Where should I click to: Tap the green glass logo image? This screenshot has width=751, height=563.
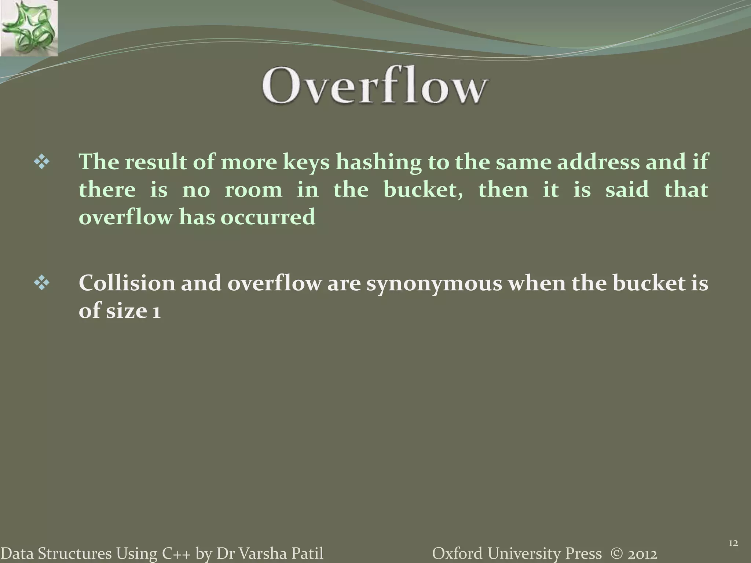pyautogui.click(x=29, y=28)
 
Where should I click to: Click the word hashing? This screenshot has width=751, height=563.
pyautogui.click(x=378, y=162)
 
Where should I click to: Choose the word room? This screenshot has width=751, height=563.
pyautogui.click(x=253, y=190)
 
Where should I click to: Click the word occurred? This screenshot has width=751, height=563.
pyautogui.click(x=268, y=217)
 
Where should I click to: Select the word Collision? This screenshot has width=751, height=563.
pyautogui.click(x=127, y=283)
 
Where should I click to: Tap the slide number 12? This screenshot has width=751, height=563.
pyautogui.click(x=733, y=543)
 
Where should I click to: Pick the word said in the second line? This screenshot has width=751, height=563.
pyautogui.click(x=627, y=189)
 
